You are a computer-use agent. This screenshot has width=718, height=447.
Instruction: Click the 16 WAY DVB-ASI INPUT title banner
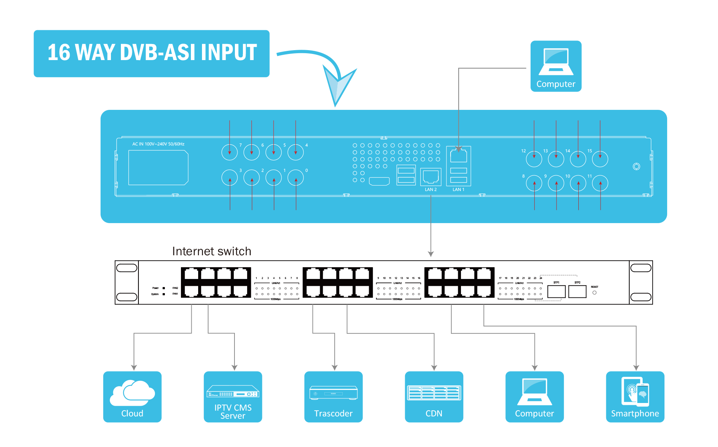click(151, 54)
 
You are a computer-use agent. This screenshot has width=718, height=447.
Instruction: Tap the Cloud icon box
click(132, 396)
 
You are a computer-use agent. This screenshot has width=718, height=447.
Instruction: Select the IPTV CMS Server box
click(233, 396)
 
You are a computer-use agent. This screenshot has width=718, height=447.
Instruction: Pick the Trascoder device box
click(333, 396)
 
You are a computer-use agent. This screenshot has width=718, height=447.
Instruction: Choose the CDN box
click(434, 396)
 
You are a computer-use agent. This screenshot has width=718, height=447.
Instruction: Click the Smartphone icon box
click(635, 396)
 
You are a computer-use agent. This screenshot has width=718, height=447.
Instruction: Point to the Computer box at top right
click(556, 66)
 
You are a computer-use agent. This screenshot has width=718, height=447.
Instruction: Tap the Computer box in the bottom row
click(534, 396)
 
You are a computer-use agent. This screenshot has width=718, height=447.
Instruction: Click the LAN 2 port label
click(431, 189)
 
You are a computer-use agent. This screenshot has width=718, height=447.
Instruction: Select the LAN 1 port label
click(458, 189)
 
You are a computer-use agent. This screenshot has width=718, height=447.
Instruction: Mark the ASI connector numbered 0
click(296, 178)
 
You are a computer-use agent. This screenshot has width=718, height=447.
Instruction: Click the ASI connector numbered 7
click(230, 152)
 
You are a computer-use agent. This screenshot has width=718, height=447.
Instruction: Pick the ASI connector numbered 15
click(600, 159)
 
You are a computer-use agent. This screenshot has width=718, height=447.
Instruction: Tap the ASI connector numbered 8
click(534, 183)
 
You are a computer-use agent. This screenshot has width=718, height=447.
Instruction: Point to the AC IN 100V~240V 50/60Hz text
click(158, 144)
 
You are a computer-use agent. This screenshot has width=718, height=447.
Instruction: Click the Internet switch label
click(212, 251)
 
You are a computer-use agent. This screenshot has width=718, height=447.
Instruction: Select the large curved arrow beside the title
click(325, 73)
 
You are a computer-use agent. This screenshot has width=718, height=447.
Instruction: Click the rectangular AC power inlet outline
click(158, 168)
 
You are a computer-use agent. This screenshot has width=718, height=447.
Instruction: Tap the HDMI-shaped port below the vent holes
click(379, 181)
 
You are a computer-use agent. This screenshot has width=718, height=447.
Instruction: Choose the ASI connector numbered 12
click(534, 159)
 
